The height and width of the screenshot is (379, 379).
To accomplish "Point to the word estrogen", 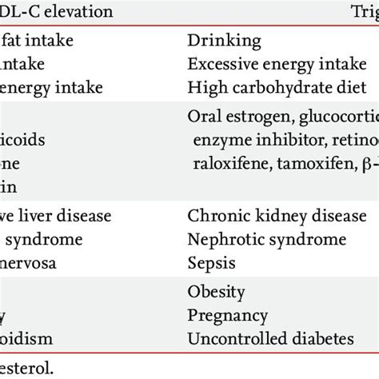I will (x=256, y=117).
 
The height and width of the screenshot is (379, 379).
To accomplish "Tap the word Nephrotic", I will (x=222, y=239).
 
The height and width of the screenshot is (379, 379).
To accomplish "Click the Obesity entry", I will (x=216, y=292).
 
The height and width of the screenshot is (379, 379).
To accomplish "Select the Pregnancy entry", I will (x=227, y=315).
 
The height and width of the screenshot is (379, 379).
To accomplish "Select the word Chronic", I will (x=213, y=216).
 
